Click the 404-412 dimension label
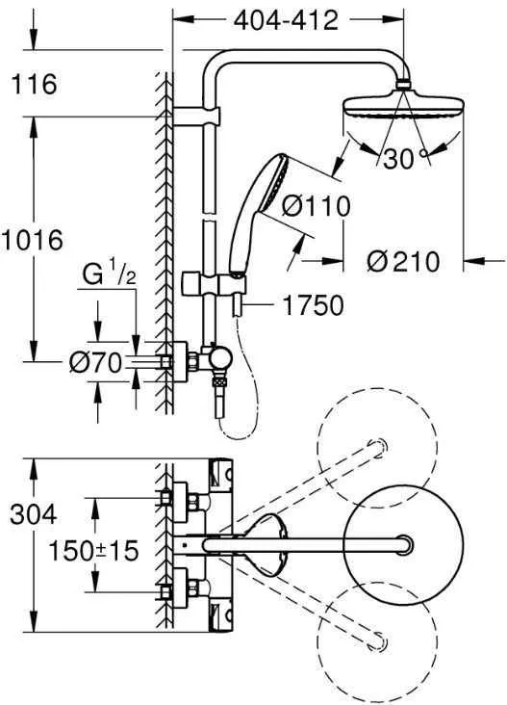tap(286, 20)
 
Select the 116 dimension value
tap(34, 84)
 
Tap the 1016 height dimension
tap(32, 240)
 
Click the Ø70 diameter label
tap(95, 362)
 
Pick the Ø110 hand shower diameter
tap(316, 206)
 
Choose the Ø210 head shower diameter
tap(403, 262)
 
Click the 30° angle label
tap(405, 158)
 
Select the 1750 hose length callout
tap(313, 305)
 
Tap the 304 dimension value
tap(34, 514)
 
